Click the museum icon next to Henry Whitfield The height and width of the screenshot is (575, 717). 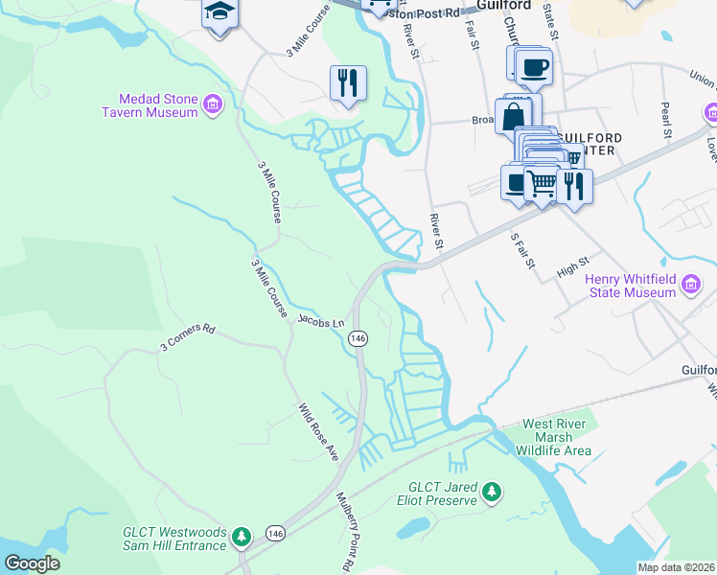pos(690,283)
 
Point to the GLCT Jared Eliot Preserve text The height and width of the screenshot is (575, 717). pos(436,493)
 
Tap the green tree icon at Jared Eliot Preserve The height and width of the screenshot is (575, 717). pos(492,492)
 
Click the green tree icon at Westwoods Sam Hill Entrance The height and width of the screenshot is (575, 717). pos(243,535)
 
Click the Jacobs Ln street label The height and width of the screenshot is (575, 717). pos(320,320)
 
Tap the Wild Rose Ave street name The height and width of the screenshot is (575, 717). pos(317,431)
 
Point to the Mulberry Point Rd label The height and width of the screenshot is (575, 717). pos(344,533)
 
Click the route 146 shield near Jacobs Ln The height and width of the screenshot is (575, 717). pos(358,338)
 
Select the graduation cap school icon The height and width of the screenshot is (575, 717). pos(220,13)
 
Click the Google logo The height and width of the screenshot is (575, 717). pos(33,563)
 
